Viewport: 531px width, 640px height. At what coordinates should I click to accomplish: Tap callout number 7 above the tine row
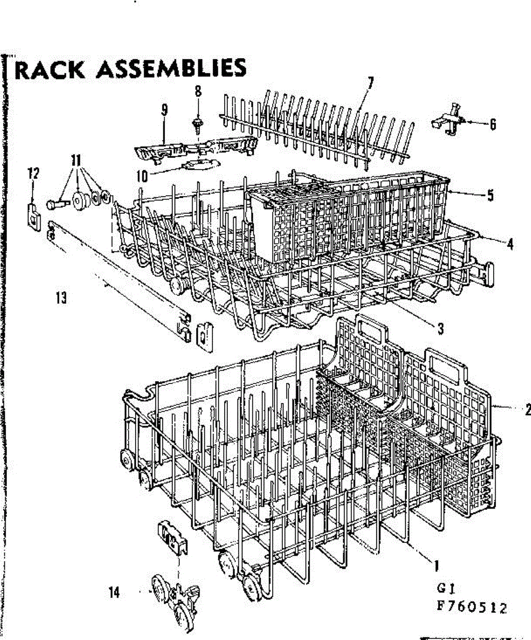click(370, 83)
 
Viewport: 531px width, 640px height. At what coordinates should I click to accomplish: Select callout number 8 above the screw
click(198, 91)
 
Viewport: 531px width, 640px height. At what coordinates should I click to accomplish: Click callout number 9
click(164, 110)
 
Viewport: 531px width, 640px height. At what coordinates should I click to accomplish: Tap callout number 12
click(34, 173)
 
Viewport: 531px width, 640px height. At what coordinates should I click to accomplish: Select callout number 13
click(61, 299)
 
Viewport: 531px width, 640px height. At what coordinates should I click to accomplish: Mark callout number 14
click(114, 592)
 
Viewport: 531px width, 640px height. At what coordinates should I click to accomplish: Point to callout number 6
click(493, 124)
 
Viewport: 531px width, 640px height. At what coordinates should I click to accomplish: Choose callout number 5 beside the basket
click(489, 195)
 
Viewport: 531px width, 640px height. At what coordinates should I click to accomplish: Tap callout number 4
click(511, 244)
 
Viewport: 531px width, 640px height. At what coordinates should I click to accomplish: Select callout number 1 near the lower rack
click(437, 564)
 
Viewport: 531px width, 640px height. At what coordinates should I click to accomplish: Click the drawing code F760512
click(470, 607)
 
